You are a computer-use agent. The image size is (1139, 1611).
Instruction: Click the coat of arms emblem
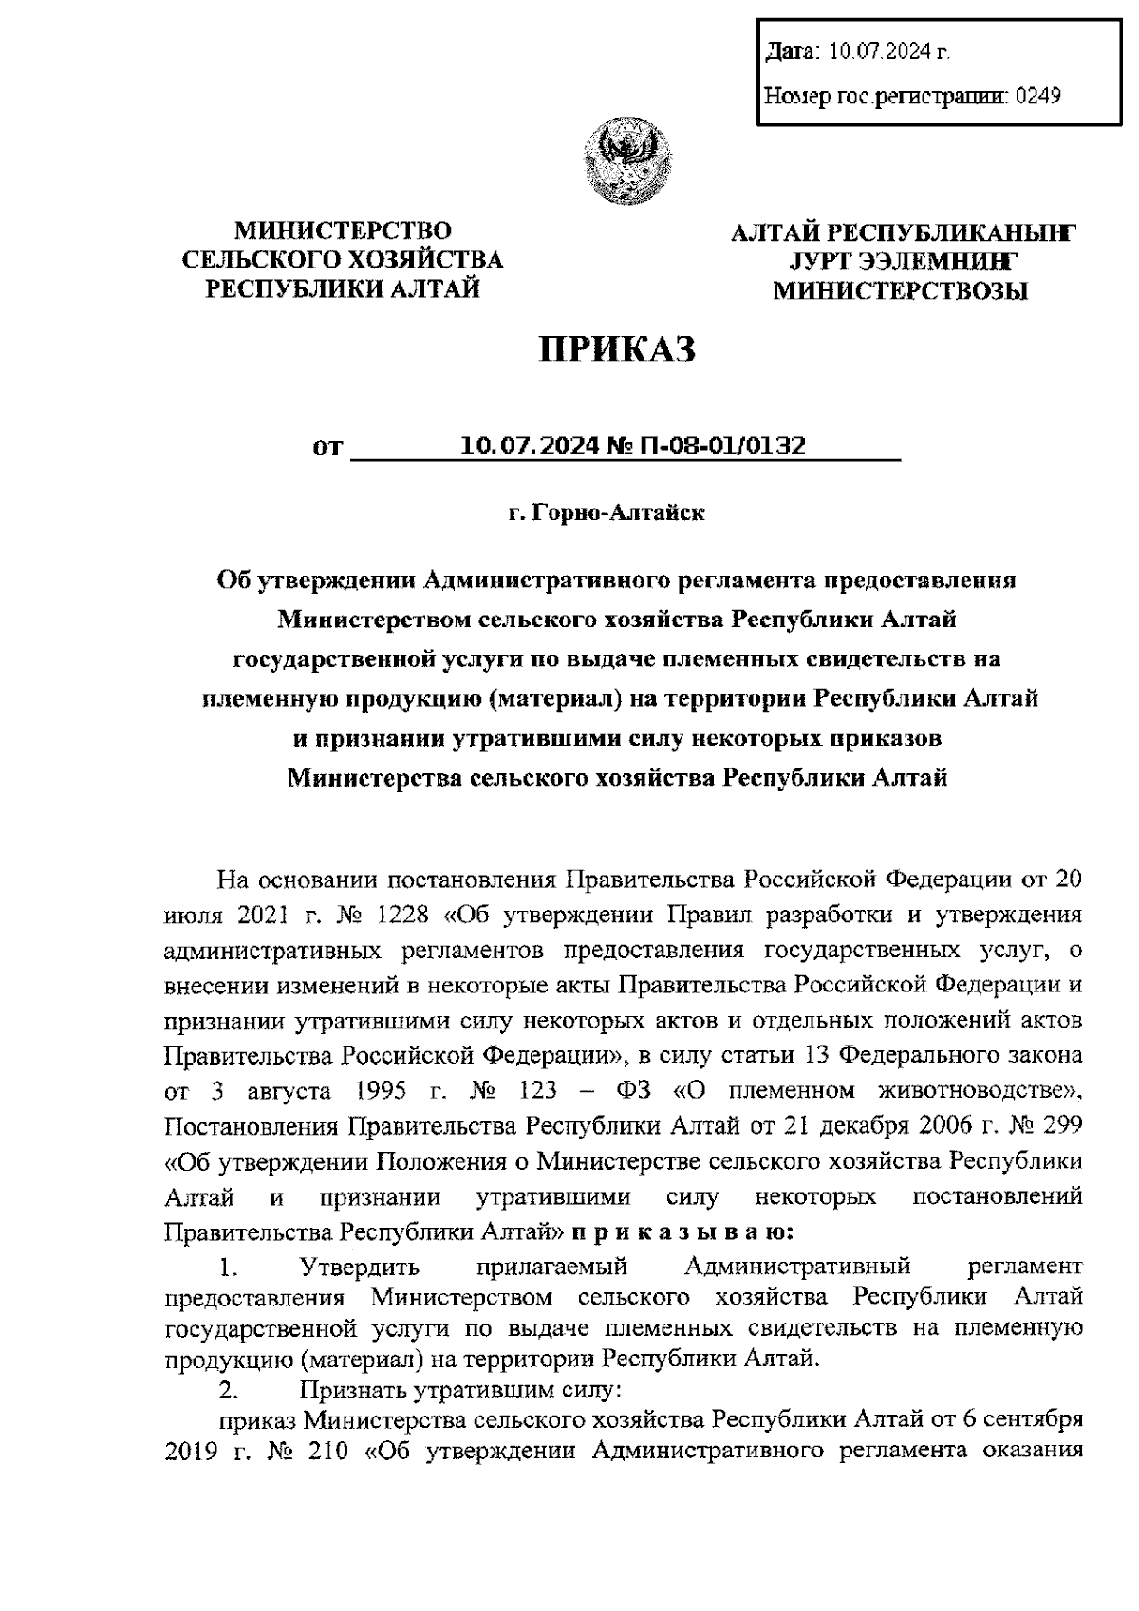coord(627,158)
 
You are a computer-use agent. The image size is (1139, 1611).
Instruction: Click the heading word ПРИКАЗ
coord(618,350)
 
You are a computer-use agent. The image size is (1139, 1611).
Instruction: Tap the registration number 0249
coord(1037,95)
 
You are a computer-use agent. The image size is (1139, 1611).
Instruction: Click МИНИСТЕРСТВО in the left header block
coord(343,231)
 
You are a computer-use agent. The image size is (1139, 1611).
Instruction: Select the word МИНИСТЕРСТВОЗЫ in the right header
coord(901,291)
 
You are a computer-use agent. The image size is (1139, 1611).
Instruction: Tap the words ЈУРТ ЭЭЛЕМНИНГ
coord(901,261)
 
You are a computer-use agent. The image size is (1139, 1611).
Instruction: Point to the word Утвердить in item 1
coord(360,1267)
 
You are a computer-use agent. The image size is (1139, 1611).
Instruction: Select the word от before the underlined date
coord(327,448)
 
